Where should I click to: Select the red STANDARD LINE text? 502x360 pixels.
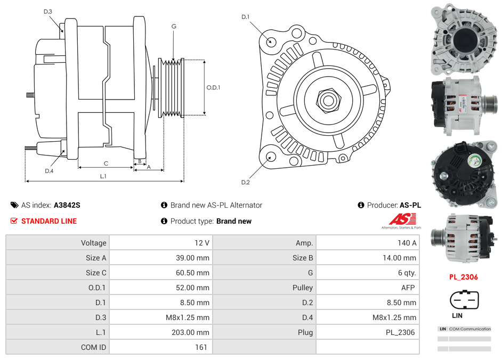(x=48, y=221)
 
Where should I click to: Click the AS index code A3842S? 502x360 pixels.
(x=67, y=205)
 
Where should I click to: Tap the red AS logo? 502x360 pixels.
(x=402, y=219)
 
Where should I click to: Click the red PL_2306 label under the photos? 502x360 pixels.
(x=463, y=277)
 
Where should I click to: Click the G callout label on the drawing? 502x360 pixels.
(x=174, y=26)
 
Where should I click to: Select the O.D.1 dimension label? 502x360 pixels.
(x=213, y=88)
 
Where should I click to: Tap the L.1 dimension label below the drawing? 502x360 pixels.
(x=103, y=176)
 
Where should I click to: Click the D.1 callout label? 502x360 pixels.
(x=245, y=17)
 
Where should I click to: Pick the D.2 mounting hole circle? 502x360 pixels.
(x=270, y=157)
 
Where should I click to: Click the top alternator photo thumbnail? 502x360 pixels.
(x=464, y=39)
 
